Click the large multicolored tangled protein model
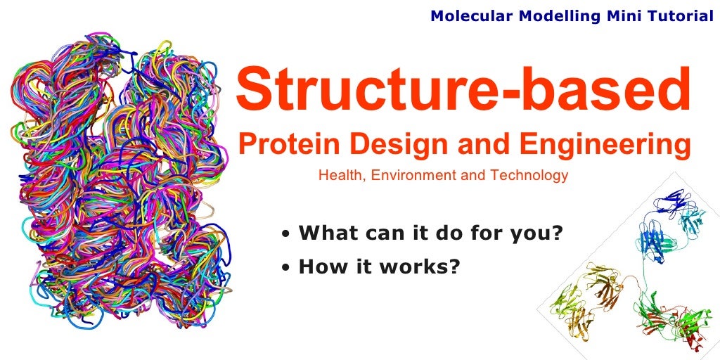pyautogui.click(x=120, y=183)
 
